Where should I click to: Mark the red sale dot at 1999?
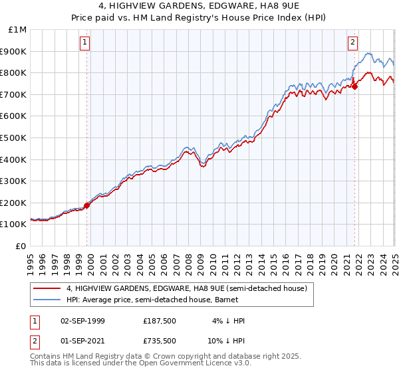(86, 205)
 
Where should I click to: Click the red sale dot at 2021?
(355, 86)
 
